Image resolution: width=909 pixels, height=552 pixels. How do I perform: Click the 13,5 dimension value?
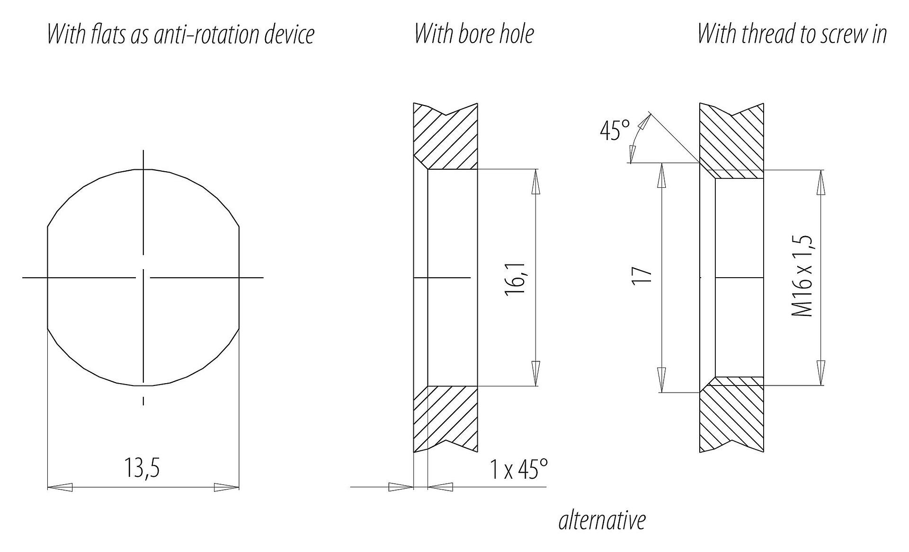[142, 467]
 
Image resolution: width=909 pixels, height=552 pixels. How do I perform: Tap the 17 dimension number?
[642, 276]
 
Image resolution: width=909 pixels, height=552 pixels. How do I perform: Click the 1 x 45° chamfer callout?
[519, 469]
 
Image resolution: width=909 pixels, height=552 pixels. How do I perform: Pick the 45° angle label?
[615, 131]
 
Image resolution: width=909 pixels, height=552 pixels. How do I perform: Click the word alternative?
[602, 520]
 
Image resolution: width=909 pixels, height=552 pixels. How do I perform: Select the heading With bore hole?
[474, 34]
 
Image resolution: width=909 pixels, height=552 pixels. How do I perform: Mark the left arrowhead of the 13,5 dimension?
[60, 487]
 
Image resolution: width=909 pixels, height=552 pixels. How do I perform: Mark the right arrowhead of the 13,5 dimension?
[227, 487]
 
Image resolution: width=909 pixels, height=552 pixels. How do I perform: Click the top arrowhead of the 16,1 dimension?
[536, 182]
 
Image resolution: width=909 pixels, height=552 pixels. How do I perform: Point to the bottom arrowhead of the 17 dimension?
[662, 380]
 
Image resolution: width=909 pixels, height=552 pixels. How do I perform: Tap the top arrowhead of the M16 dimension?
[821, 182]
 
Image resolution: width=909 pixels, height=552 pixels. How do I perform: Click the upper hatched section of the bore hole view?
[445, 137]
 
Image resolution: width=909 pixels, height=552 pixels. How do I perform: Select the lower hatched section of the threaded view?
[731, 416]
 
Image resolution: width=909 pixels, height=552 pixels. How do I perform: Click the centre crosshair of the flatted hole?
[143, 277]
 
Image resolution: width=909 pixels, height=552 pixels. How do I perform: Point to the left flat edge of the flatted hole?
[48, 277]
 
